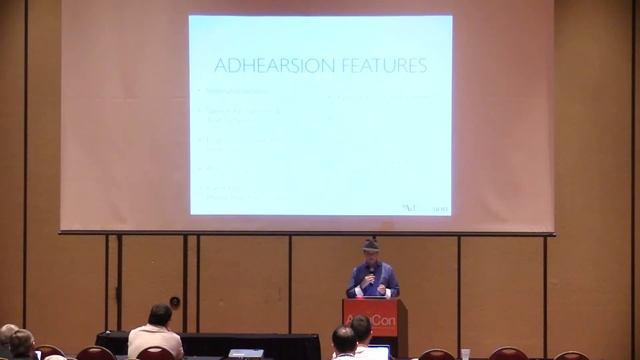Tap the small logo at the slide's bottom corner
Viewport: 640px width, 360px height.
point(425,208)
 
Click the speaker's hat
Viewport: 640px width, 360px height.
point(371,244)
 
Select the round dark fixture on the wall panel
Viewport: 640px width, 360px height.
point(175,302)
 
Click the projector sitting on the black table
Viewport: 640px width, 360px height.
point(245,353)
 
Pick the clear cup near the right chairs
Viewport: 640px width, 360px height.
point(465,354)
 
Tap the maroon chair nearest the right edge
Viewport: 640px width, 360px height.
point(571,356)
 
